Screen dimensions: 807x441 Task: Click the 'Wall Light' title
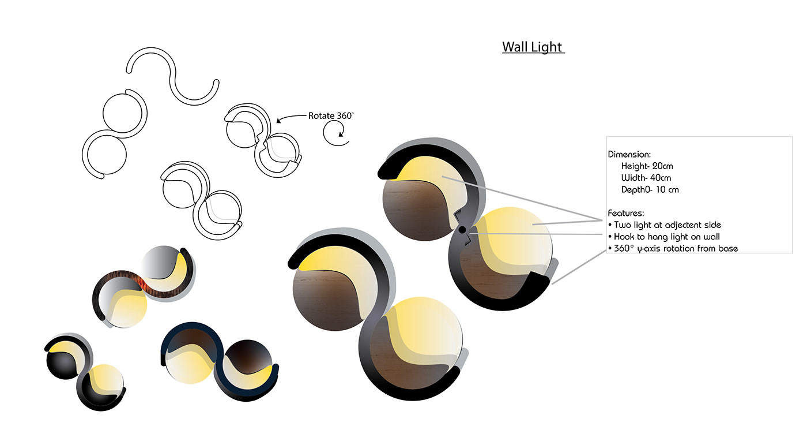533,47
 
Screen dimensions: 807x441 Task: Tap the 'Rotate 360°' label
331,116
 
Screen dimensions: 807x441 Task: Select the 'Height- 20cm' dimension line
647,166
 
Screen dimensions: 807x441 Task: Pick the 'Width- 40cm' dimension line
646,178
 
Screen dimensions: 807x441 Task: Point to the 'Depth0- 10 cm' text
650,190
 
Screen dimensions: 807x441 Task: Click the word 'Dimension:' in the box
629,155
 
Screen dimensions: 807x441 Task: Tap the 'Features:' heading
626,213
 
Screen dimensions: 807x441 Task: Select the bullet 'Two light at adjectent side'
665,225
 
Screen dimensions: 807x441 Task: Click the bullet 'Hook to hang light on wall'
664,237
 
